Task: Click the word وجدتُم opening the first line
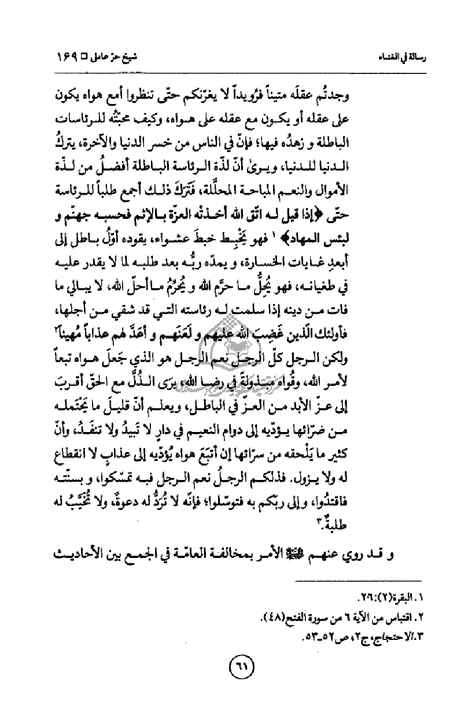click(409, 93)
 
